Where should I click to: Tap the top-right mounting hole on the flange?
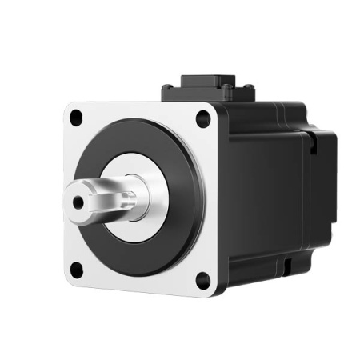[202, 118]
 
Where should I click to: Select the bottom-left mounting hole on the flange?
[76, 269]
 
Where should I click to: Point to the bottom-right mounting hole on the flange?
[202, 280]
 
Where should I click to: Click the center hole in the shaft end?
[78, 202]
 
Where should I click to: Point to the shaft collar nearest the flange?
[134, 195]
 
